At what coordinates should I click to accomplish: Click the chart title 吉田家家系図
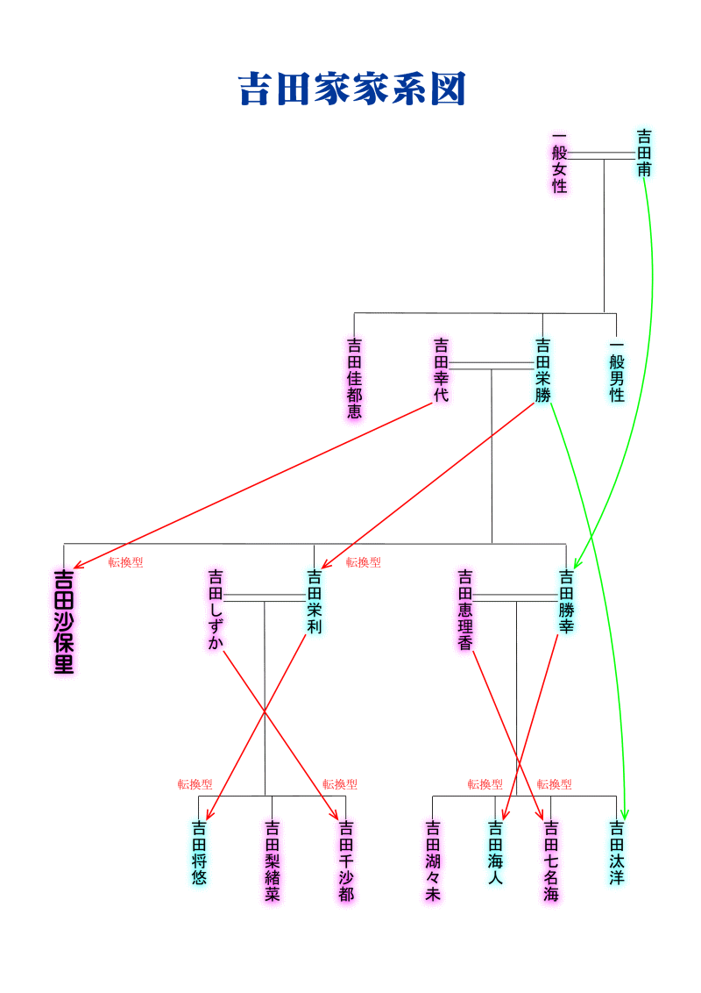[x=351, y=89]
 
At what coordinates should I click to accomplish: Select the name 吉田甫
[x=644, y=154]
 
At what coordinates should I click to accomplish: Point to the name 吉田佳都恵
[x=354, y=378]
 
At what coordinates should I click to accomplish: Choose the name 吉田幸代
[x=441, y=370]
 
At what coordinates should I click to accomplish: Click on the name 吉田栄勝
[x=542, y=370]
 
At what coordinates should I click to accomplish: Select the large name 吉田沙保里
[x=64, y=622]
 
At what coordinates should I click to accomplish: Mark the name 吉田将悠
[x=199, y=853]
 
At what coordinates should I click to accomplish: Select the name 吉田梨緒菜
[x=272, y=861]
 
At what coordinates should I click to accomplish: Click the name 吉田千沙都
[x=346, y=861]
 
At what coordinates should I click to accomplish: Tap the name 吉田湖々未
[x=433, y=861]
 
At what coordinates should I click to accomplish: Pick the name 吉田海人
[x=495, y=853]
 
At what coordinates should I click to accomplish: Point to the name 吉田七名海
[x=551, y=861]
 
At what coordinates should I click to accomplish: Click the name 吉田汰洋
[x=617, y=853]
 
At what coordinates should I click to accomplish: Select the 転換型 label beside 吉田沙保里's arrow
[x=125, y=561]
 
